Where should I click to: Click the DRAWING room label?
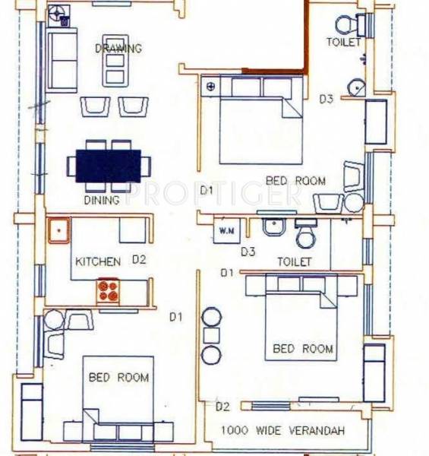click(x=118, y=49)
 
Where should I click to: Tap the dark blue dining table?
click(x=108, y=164)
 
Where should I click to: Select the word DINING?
click(x=102, y=201)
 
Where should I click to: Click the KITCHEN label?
click(x=97, y=261)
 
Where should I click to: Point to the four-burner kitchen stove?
click(x=108, y=290)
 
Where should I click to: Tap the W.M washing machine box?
click(x=226, y=230)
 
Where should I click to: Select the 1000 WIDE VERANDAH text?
click(x=282, y=431)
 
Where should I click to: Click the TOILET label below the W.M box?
click(x=295, y=261)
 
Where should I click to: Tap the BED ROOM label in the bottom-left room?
click(x=118, y=377)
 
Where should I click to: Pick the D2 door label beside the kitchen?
click(x=138, y=260)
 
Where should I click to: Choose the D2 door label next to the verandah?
click(x=222, y=407)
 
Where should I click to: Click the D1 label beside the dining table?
click(x=206, y=189)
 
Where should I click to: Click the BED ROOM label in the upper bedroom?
click(x=295, y=181)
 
